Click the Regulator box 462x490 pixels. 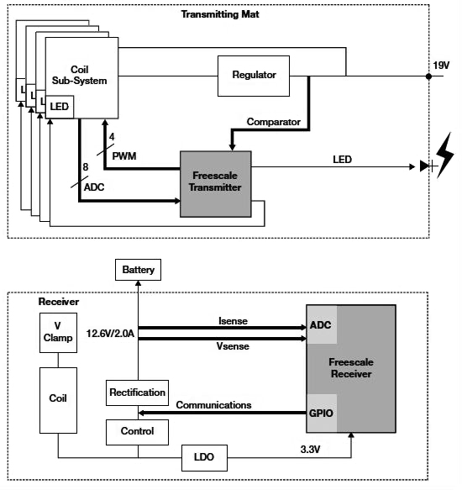254,75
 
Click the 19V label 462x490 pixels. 442,64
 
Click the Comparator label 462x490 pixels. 273,122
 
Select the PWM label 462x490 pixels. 123,155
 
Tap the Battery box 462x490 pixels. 139,270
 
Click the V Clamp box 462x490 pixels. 57,334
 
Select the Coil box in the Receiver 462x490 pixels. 58,398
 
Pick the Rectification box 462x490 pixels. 137,392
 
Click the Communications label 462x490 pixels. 213,404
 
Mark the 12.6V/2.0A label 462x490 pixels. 111,334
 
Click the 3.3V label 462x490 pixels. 312,450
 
